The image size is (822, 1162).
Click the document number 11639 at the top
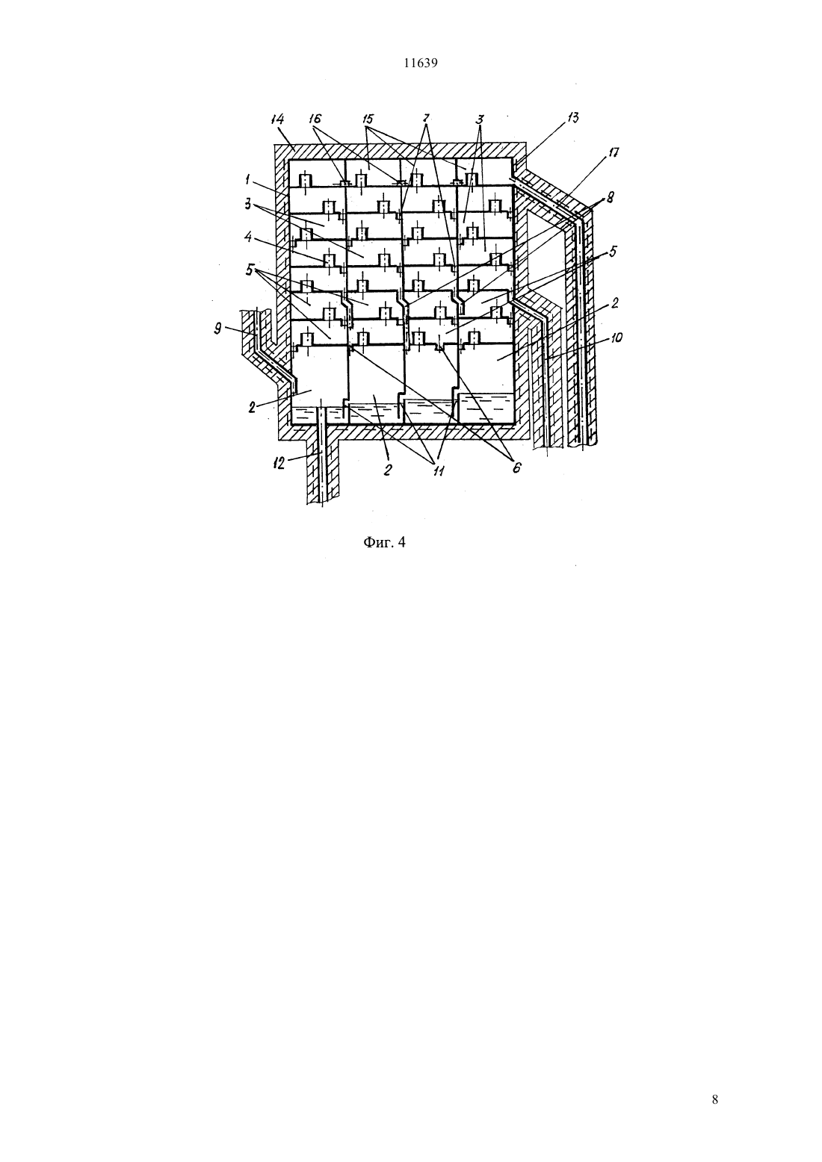420,63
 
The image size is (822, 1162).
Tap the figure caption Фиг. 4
383,543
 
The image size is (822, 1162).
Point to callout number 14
278,119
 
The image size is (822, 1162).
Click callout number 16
315,119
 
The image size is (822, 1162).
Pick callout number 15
368,119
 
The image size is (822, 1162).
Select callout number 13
572,118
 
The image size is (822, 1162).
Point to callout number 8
611,198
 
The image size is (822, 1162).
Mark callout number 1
248,179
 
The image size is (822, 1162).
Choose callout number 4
248,237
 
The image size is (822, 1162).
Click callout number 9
218,329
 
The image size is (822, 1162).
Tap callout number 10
616,338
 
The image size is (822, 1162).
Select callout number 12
279,463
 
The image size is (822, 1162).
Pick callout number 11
439,471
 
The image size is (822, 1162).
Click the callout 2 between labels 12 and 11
388,470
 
